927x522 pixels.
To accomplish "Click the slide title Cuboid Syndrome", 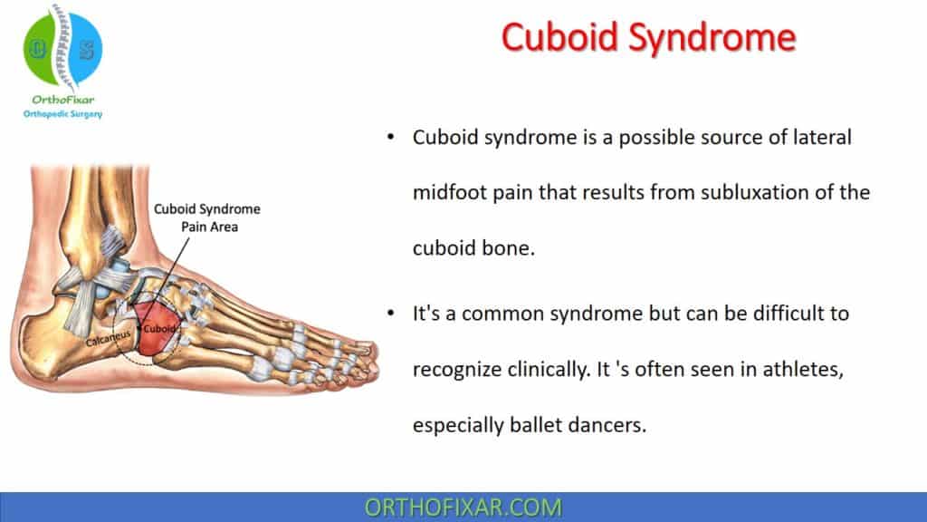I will pyautogui.click(x=648, y=38).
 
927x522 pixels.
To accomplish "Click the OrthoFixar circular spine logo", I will pyautogui.click(x=62, y=49).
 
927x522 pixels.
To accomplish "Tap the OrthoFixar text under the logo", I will pyautogui.click(x=62, y=100).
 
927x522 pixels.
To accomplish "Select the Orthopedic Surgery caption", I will pyautogui.click(x=62, y=114).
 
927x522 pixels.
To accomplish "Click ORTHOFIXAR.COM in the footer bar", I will pyautogui.click(x=463, y=507).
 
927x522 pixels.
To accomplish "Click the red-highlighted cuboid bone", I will pyautogui.click(x=156, y=321).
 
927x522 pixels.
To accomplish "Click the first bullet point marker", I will pyautogui.click(x=390, y=138).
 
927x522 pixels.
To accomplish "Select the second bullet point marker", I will pyautogui.click(x=390, y=314).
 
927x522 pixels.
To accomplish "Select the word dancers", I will pyautogui.click(x=612, y=424).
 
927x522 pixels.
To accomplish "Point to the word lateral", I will pyautogui.click(x=820, y=138).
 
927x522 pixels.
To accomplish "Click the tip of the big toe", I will pyautogui.click(x=367, y=348).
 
